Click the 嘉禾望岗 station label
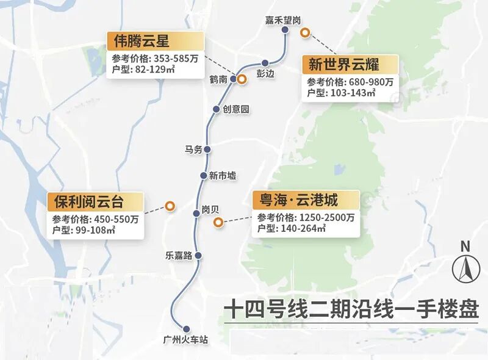[282, 20]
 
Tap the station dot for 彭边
[265, 63]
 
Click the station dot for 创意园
[216, 109]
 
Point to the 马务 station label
[193, 149]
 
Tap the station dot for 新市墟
[204, 176]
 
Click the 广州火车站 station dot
[187, 328]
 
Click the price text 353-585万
[177, 59]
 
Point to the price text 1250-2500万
[327, 217]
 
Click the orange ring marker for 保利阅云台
[170, 207]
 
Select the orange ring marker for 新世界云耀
[304, 32]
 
